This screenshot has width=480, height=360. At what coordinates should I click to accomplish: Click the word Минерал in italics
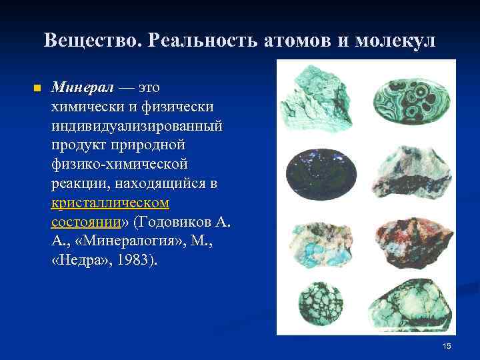83,88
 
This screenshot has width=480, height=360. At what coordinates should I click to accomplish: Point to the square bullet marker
37,88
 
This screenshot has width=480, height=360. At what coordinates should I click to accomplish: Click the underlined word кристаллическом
110,202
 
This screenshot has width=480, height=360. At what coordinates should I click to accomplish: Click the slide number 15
447,345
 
